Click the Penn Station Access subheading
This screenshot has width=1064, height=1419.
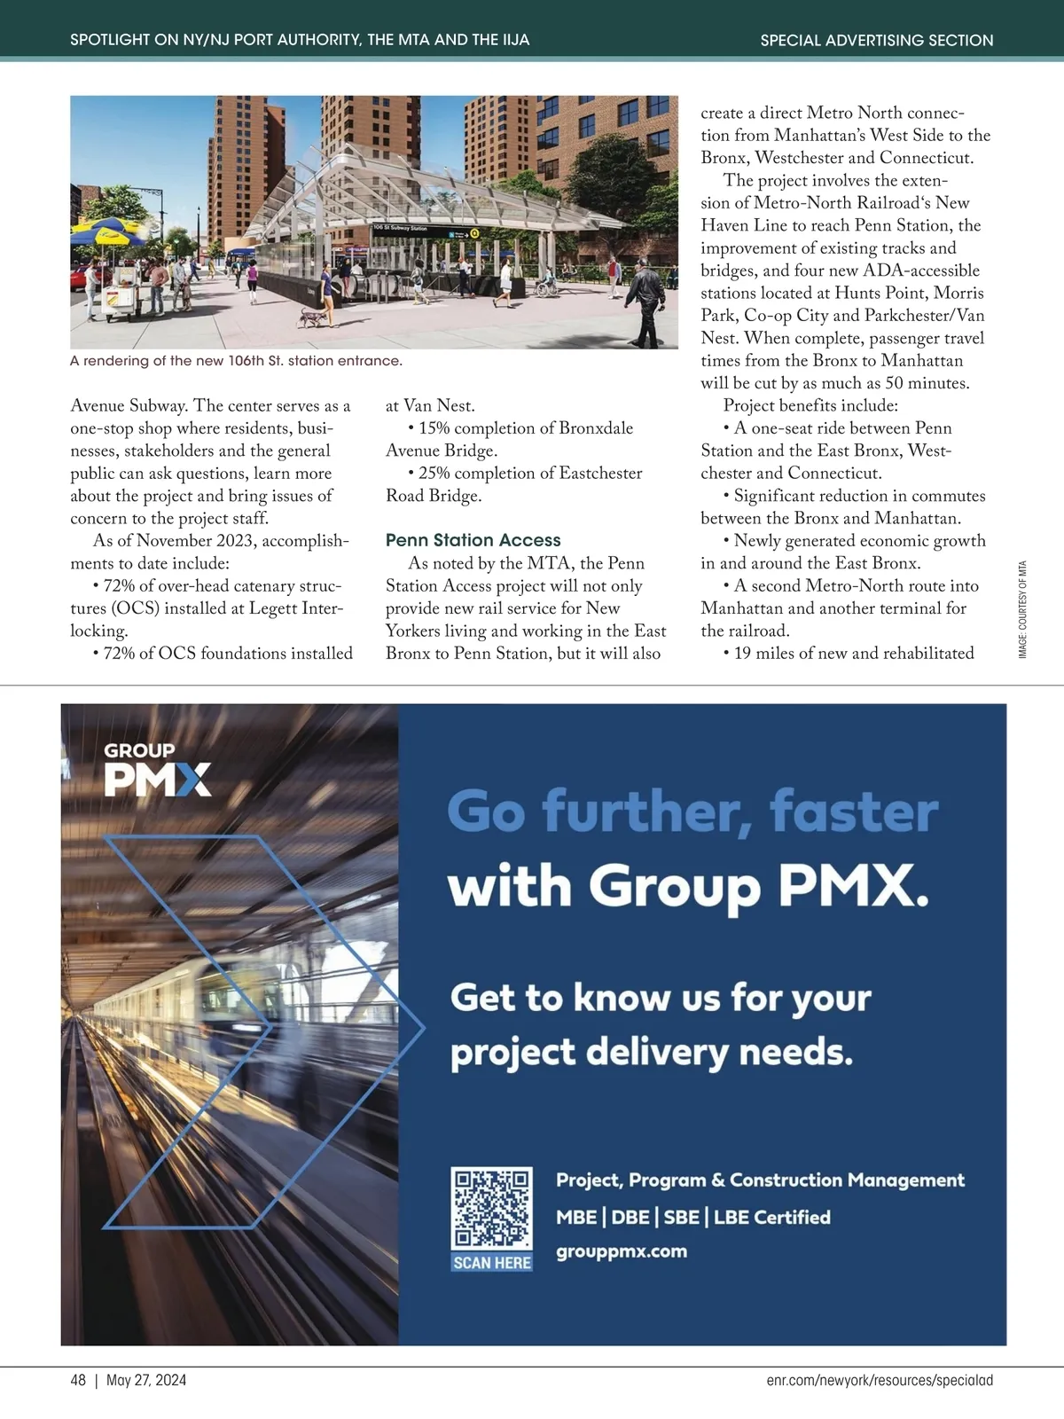coord(473,540)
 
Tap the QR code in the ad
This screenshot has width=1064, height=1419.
coord(491,1208)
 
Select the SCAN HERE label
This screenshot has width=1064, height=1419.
coord(492,1262)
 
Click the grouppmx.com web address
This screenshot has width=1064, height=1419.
coord(622,1251)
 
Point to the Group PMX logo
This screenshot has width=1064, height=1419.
coord(157,770)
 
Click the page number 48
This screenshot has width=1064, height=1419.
coord(78,1380)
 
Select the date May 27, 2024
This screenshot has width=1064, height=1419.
coord(146,1380)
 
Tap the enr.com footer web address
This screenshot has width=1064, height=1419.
coord(880,1380)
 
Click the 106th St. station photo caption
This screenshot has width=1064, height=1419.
coord(236,361)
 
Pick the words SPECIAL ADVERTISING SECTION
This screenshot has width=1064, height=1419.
coord(876,40)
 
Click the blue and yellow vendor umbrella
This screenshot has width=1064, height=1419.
coord(108,235)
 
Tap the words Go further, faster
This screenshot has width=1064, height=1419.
coord(692,811)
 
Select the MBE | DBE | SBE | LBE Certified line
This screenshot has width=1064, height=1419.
coord(692,1217)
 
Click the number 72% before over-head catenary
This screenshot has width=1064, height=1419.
coord(120,586)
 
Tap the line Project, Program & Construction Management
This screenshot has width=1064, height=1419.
coord(760,1180)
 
